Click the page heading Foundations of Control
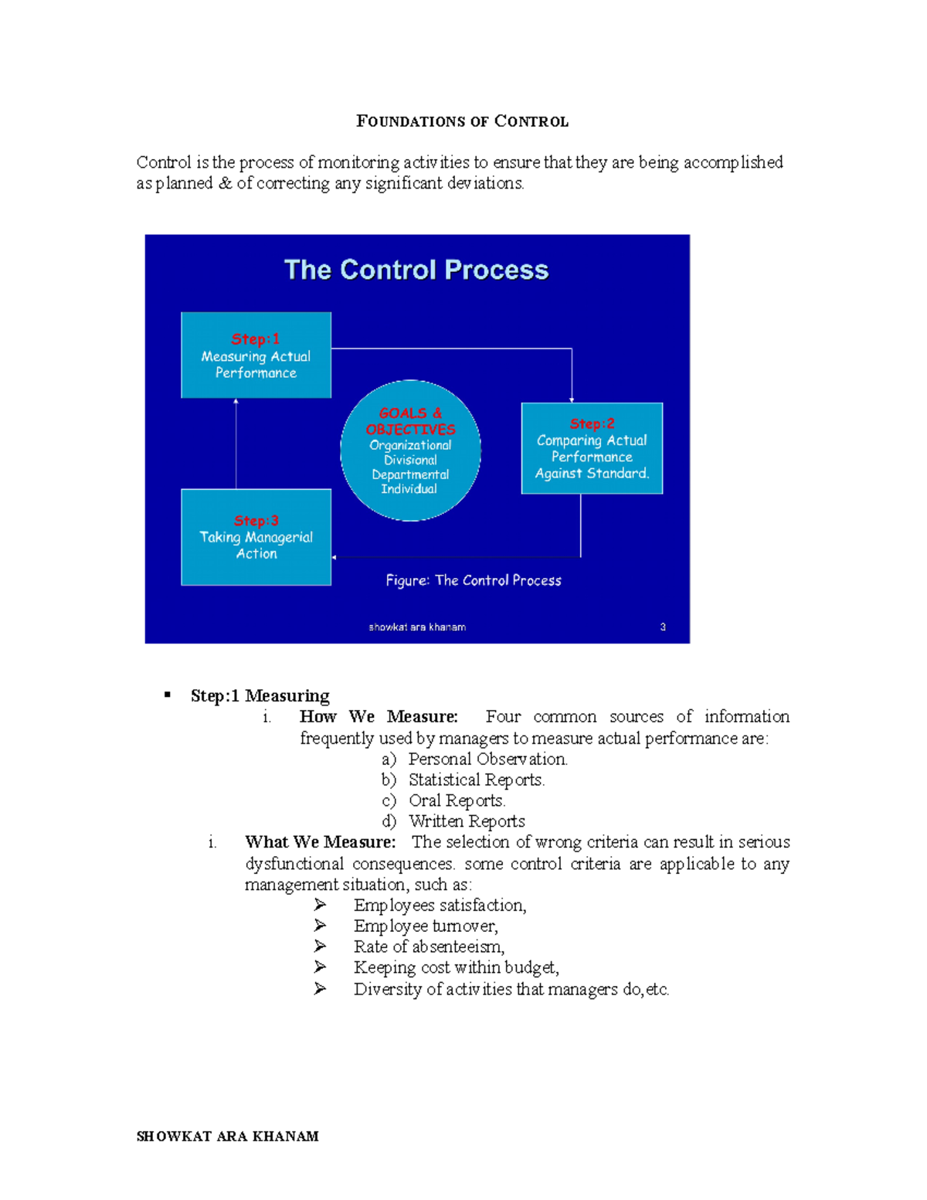click(462, 121)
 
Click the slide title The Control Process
click(416, 270)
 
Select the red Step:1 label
click(256, 339)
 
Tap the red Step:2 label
click(593, 423)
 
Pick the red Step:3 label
click(256, 521)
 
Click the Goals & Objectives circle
click(410, 450)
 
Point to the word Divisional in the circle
click(410, 460)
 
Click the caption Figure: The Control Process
click(474, 580)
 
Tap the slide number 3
click(663, 627)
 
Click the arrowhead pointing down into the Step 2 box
click(572, 399)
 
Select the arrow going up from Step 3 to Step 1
click(236, 444)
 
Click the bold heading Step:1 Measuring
click(260, 695)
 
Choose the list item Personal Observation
click(487, 759)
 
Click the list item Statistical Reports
click(477, 780)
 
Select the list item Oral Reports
click(457, 801)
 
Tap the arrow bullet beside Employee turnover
click(320, 926)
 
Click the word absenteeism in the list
click(457, 947)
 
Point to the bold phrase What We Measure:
click(320, 842)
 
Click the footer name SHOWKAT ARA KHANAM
click(227, 1136)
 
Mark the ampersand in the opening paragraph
click(225, 183)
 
